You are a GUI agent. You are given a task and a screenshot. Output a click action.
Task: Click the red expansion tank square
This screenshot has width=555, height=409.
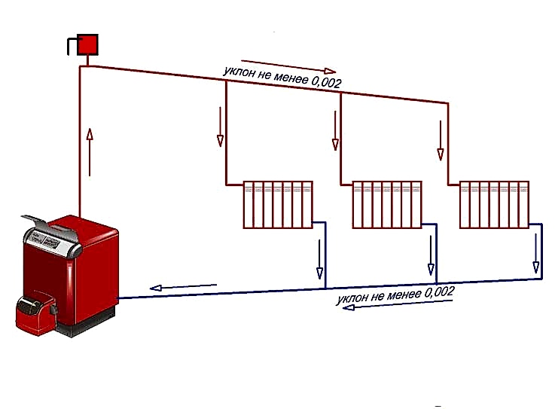[87, 44]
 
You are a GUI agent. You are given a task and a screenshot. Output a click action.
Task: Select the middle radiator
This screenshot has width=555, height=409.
[387, 205]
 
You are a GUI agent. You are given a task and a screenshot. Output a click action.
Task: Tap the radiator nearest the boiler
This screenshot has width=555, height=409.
[278, 205]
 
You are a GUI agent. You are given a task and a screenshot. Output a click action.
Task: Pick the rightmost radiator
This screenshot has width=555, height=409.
[495, 205]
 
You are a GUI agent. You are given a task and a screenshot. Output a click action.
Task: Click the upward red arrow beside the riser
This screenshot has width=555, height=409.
[90, 152]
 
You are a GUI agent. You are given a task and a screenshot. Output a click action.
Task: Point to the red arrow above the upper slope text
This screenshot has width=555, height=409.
[288, 66]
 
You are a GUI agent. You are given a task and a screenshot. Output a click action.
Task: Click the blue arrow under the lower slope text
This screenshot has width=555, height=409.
[398, 304]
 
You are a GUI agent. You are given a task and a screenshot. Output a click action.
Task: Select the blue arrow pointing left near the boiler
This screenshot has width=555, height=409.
[183, 287]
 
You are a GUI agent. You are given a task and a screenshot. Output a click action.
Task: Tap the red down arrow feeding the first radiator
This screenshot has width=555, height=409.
[220, 127]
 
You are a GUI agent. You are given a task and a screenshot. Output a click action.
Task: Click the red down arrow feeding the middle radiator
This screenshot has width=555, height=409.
[335, 130]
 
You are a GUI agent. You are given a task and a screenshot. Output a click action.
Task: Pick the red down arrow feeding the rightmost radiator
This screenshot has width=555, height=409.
[441, 141]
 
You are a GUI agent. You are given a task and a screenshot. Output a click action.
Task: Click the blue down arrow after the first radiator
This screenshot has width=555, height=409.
[319, 259]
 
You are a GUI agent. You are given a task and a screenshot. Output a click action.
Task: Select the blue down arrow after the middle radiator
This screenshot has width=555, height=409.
[431, 255]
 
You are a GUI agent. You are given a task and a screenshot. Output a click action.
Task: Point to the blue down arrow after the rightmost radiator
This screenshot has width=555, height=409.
[536, 254]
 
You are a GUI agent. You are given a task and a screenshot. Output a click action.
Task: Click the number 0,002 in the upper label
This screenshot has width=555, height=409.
[326, 82]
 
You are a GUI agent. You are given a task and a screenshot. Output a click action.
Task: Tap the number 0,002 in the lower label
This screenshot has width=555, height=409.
[439, 292]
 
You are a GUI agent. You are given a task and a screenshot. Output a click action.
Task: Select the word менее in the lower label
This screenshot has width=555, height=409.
[403, 295]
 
